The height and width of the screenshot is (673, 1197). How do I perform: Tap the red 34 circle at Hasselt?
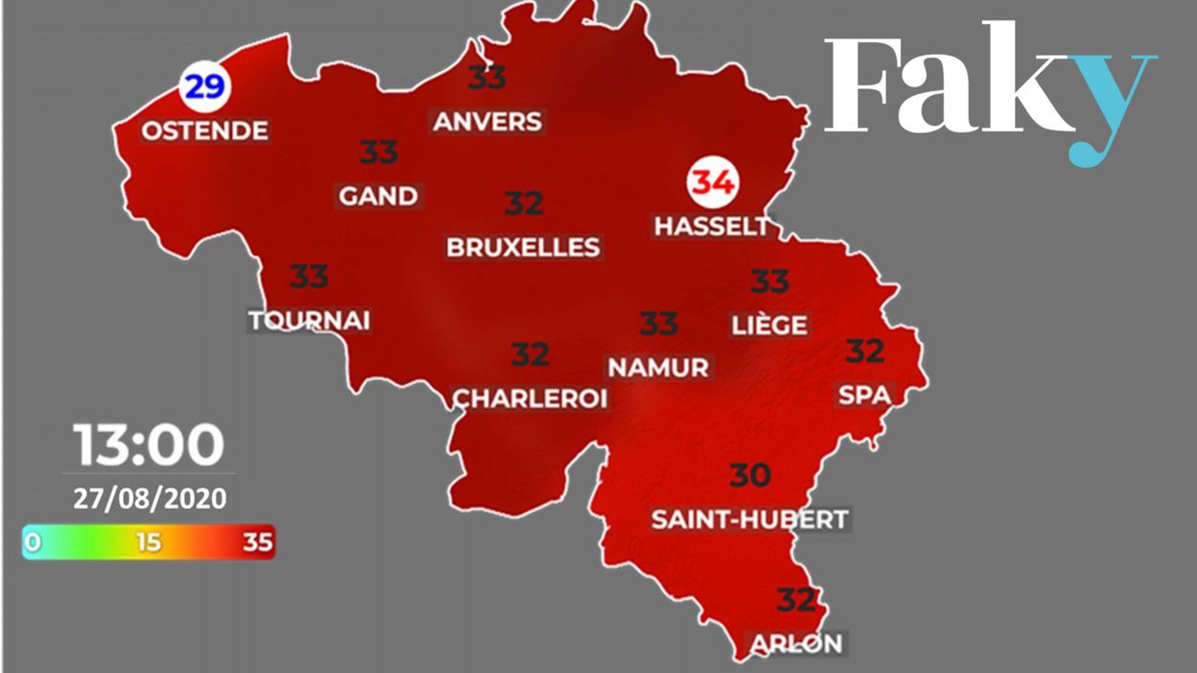714,182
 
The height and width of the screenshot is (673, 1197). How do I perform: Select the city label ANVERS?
487,122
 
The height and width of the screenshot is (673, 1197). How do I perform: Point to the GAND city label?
379,196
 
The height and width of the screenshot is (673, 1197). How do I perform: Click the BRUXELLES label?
523,247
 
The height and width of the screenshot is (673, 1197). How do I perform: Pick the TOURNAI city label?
309,320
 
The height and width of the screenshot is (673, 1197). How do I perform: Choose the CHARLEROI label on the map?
530,397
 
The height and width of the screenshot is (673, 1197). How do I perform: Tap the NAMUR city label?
659,367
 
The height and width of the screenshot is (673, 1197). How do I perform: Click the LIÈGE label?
769,325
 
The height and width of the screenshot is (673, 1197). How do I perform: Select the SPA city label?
864,394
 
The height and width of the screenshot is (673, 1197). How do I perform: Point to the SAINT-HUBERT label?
750,519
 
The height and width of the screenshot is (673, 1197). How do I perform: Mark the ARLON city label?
795,642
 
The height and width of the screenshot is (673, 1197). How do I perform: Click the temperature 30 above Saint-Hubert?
750,475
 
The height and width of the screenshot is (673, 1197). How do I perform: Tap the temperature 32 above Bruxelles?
524,204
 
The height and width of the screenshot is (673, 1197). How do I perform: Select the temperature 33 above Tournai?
309,276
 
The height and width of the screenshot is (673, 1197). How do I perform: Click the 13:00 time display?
149,445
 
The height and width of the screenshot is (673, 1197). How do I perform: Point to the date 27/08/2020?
149,499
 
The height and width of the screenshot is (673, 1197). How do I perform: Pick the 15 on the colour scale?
148,542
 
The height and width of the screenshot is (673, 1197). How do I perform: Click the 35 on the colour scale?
257,542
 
